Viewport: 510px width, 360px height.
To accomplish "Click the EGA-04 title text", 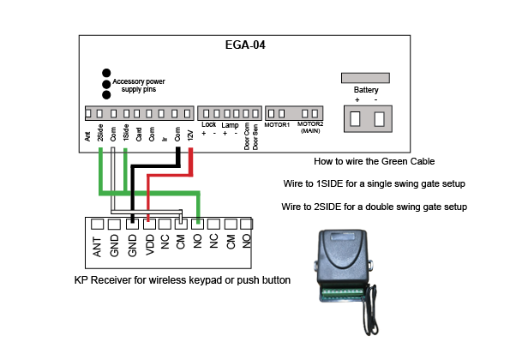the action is pyautogui.click(x=245, y=45).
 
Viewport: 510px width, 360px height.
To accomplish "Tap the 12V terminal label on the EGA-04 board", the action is pyautogui.click(x=190, y=135).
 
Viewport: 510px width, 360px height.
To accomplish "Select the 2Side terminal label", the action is pyautogui.click(x=100, y=133).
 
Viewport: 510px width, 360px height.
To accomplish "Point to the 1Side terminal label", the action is pyautogui.click(x=126, y=133).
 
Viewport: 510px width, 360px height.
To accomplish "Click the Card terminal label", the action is pyautogui.click(x=139, y=135).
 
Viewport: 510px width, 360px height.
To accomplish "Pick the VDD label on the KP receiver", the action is pyautogui.click(x=150, y=245).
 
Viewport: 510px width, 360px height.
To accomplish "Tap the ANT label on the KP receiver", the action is pyautogui.click(x=97, y=247).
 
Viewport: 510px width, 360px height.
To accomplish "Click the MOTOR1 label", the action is pyautogui.click(x=277, y=125).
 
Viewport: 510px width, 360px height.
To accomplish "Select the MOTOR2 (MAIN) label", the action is pyautogui.click(x=310, y=128).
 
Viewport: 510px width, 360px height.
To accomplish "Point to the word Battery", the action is pyautogui.click(x=366, y=90).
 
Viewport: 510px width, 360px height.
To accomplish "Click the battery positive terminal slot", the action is pyautogui.click(x=355, y=119).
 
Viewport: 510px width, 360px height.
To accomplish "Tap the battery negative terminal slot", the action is pyautogui.click(x=379, y=119).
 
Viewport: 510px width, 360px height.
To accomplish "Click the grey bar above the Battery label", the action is pyautogui.click(x=365, y=78).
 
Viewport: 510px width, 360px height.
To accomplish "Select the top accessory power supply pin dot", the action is pyautogui.click(x=106, y=73).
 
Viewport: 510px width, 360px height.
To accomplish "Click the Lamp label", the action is pyautogui.click(x=230, y=125).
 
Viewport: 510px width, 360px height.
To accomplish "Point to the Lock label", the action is pyautogui.click(x=208, y=124).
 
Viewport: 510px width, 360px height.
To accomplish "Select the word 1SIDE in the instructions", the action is pyautogui.click(x=330, y=183).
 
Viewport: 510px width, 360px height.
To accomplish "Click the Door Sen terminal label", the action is pyautogui.click(x=255, y=137).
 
